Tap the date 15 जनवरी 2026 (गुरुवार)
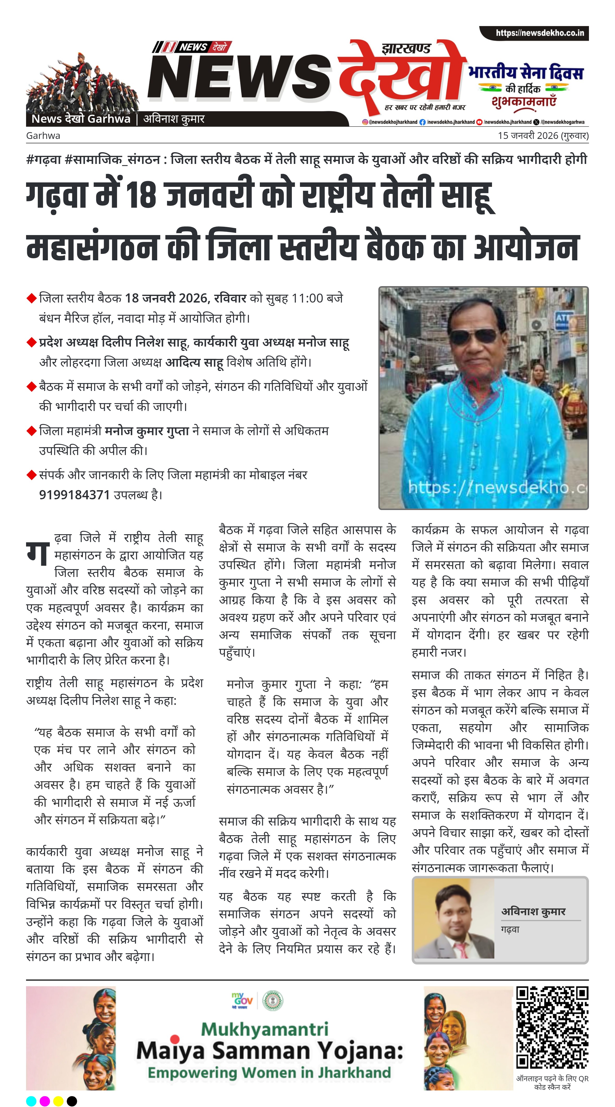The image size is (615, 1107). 543,136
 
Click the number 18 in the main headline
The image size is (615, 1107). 140,195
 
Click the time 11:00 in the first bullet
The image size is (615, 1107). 307,298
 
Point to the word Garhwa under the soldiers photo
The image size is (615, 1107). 43,136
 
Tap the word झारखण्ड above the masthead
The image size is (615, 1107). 406,48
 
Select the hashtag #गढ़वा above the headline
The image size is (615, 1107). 44,160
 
